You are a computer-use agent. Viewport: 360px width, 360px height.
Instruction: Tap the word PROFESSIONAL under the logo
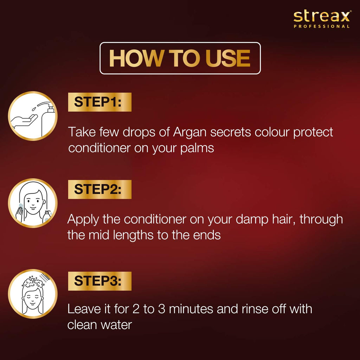322,26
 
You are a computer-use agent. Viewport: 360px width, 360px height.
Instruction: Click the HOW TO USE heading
180,58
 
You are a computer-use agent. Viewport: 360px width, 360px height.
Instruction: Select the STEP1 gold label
99,102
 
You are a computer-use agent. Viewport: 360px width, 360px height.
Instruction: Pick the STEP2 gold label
99,189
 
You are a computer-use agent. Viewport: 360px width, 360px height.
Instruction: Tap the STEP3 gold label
99,281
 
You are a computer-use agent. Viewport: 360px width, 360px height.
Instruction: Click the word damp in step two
252,220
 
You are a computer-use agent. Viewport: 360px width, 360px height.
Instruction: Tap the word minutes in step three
191,309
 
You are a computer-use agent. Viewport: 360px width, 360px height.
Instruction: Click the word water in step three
116,325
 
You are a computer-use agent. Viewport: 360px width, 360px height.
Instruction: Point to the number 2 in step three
136,309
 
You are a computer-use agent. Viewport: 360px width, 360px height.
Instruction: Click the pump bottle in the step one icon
47,120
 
